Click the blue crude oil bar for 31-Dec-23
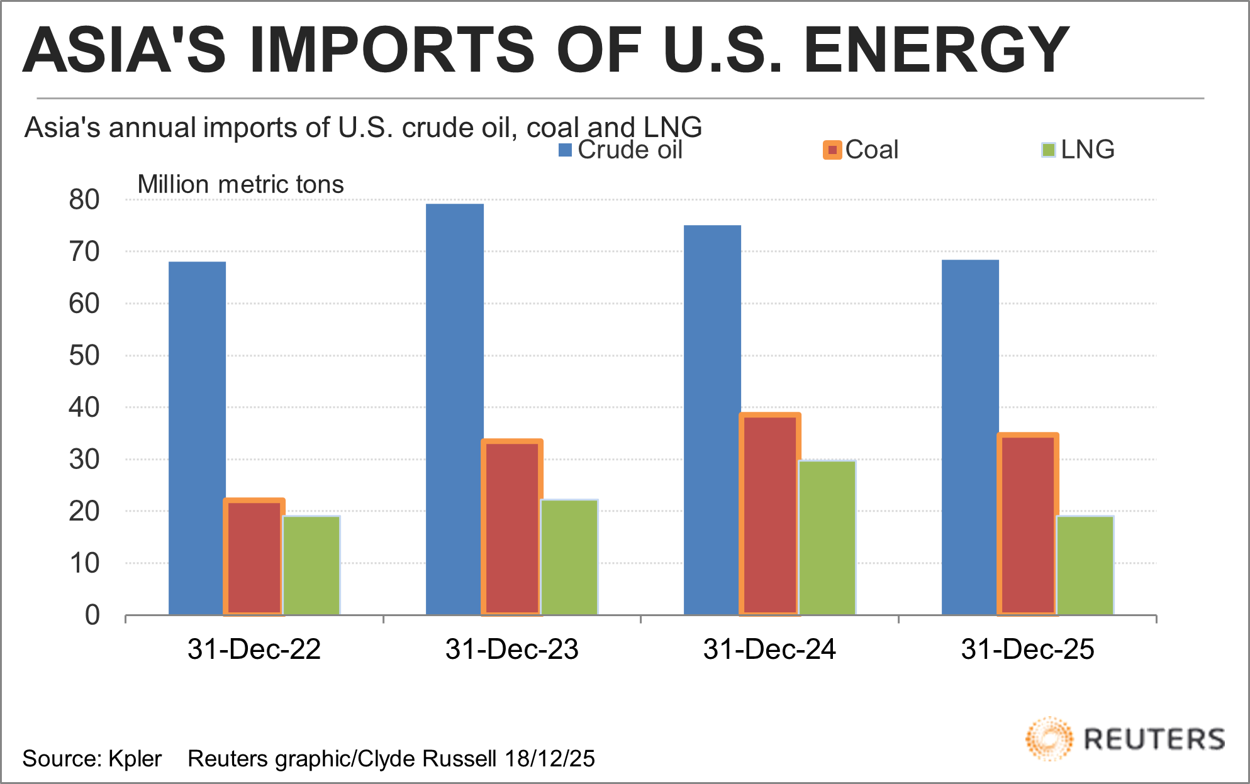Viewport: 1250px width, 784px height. [455, 409]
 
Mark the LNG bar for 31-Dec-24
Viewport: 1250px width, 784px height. [827, 538]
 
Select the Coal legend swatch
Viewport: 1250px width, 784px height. [832, 150]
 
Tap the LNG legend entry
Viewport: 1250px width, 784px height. [1078, 150]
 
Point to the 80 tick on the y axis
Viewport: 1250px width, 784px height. [84, 200]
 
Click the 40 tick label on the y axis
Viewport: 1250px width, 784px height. [84, 407]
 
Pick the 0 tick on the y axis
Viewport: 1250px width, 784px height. [92, 615]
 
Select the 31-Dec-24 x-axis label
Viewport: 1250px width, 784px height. [769, 649]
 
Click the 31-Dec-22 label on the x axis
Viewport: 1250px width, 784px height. [254, 649]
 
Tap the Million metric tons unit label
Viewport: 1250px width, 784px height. [240, 184]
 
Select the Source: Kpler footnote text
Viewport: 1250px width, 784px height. [92, 759]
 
